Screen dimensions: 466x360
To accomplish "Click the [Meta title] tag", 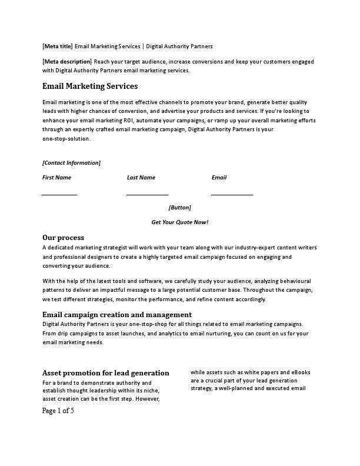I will pyautogui.click(x=58, y=46).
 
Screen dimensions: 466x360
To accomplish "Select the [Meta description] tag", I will pyautogui.click(x=67, y=61).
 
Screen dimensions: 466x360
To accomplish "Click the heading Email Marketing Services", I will pyautogui.click(x=90, y=86).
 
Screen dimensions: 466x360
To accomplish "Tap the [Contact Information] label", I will pyautogui.click(x=71, y=162).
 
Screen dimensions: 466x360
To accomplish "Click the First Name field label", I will pyautogui.click(x=56, y=177).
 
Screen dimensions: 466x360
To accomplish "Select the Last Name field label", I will pyautogui.click(x=141, y=177).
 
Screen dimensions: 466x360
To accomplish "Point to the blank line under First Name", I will pyautogui.click(x=59, y=194).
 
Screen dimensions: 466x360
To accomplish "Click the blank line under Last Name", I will pyautogui.click(x=147, y=194).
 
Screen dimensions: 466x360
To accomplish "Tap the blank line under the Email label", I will pyautogui.click(x=232, y=194).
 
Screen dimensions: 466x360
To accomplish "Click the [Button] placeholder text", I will pyautogui.click(x=179, y=207).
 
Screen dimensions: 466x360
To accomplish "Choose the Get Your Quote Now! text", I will pyautogui.click(x=179, y=222).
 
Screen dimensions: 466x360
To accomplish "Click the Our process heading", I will pyautogui.click(x=63, y=238).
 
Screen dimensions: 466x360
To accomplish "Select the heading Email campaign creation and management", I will pyautogui.click(x=117, y=315).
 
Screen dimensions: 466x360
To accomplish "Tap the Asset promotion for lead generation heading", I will pyautogui.click(x=106, y=373).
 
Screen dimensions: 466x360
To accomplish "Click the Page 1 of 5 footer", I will pyautogui.click(x=58, y=411).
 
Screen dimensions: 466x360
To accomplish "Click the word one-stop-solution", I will pyautogui.click(x=66, y=139).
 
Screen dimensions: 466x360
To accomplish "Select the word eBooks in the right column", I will pyautogui.click(x=299, y=372).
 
